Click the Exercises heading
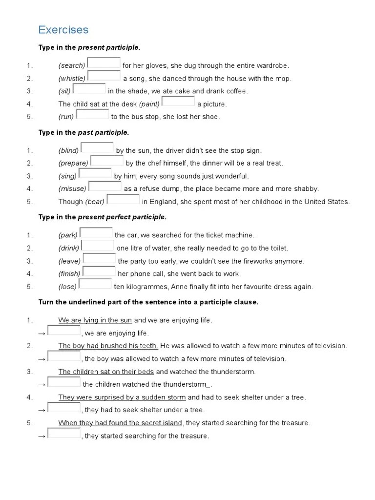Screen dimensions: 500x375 coord(63,30)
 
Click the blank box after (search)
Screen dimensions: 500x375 coord(104,63)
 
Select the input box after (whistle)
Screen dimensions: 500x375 coord(104,76)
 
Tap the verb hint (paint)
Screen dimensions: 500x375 coord(149,104)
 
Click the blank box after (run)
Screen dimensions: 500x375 coord(93,114)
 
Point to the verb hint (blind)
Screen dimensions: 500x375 coord(68,151)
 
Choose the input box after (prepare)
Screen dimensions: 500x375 coord(107,161)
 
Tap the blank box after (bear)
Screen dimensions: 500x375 coord(123,199)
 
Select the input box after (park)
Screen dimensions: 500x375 coord(96,233)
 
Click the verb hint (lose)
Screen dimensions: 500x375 coord(67,287)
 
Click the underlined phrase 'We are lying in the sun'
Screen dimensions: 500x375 coord(95,320)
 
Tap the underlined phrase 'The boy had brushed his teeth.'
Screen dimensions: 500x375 coord(108,346)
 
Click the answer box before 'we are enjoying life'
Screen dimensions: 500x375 coord(64,331)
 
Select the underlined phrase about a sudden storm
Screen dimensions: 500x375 coord(122,397)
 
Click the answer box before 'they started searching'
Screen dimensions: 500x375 coord(64,433)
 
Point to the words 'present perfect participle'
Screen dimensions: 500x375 coord(122,217)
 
